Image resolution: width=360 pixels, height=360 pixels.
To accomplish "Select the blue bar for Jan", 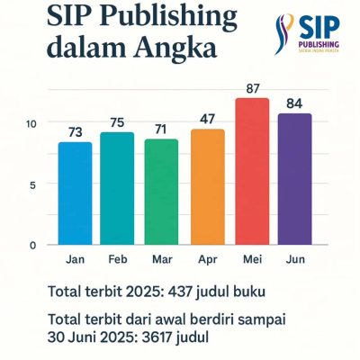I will pos(75,193).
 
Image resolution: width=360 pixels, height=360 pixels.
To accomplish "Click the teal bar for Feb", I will pos(117,188).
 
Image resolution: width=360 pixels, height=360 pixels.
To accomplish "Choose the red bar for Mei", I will pos(250,171).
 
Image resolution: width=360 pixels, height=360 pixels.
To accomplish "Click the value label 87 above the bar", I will pos(251,88).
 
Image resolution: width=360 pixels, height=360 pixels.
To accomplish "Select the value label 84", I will pos(294,103).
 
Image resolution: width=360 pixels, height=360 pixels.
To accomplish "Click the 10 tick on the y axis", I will pos(31,123).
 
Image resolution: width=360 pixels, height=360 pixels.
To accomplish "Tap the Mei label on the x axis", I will pos(251,259).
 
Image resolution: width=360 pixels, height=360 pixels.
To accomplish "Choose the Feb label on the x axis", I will pos(118,259).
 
